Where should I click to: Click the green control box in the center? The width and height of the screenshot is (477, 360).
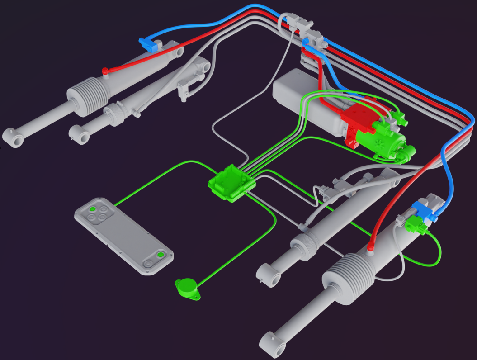231,184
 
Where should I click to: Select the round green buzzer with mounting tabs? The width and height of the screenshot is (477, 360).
187,288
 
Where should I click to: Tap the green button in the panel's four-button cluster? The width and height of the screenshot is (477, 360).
92,209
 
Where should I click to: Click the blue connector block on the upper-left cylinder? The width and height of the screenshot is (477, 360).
146,43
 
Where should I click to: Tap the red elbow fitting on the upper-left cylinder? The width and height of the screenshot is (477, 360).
105,71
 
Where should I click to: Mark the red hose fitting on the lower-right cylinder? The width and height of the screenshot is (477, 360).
370,247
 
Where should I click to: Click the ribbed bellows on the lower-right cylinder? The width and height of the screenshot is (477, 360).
350,275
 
